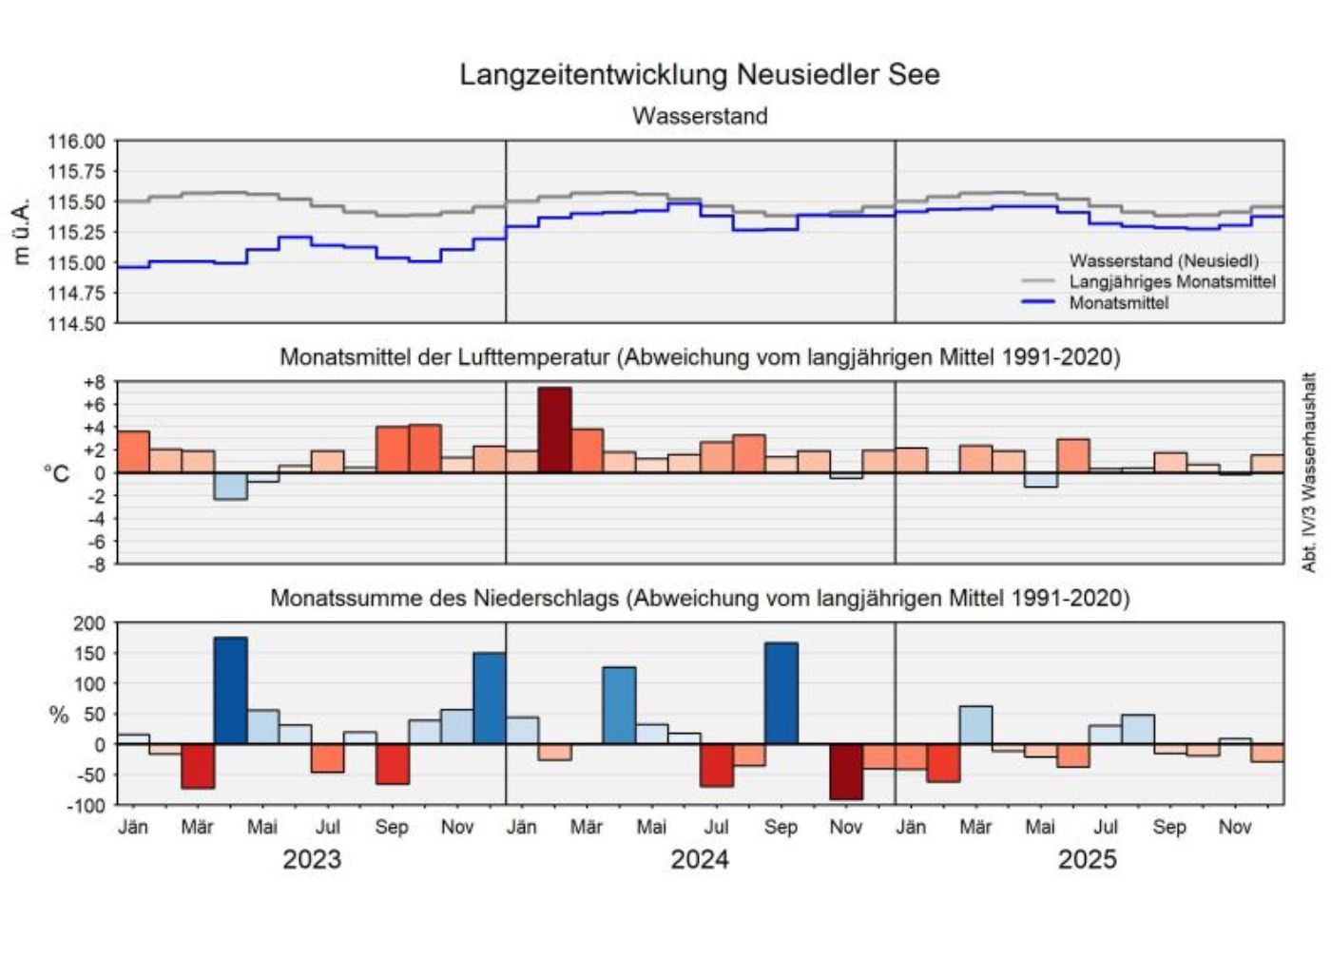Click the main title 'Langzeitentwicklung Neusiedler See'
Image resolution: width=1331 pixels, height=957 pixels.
point(700,74)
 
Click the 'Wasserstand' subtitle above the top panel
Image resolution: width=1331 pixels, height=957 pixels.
point(700,116)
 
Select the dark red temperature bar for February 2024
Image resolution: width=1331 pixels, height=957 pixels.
point(554,430)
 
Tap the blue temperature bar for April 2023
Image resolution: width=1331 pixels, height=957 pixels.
point(230,486)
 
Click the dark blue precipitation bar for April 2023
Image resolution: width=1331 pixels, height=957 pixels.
point(230,691)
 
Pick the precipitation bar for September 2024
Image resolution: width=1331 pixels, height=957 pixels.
point(781,694)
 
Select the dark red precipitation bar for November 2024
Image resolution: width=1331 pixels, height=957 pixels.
point(846,772)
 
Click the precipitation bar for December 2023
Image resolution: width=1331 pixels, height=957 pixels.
point(490,699)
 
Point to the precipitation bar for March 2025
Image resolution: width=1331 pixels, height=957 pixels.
point(975,725)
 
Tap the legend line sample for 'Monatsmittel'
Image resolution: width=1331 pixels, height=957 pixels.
point(1038,302)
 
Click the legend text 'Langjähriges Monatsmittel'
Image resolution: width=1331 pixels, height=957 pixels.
point(1171,281)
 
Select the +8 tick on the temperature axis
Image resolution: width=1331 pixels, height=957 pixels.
point(94,383)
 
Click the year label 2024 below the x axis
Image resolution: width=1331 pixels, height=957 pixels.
point(700,859)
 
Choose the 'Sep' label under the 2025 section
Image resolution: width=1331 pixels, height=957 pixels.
point(1169,827)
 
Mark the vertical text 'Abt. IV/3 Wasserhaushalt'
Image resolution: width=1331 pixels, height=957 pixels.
point(1309,472)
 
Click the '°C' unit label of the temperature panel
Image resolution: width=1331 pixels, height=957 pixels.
point(57,473)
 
